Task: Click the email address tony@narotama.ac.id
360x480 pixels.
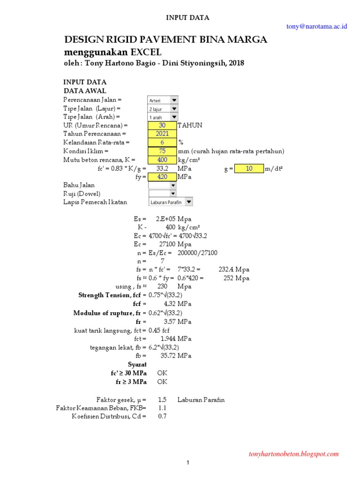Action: click(316, 27)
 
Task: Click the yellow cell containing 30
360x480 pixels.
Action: click(162, 126)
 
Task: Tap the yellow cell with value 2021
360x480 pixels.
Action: click(162, 134)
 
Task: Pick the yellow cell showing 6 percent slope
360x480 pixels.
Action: click(162, 142)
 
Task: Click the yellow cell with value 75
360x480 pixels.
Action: click(162, 151)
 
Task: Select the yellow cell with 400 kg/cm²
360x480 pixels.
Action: click(162, 159)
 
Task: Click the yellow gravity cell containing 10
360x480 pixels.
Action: click(249, 168)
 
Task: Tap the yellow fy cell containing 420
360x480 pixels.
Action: click(162, 177)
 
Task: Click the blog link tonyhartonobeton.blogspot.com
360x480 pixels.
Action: click(294, 454)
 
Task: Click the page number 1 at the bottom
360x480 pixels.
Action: click(187, 464)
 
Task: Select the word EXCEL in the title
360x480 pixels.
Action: click(146, 52)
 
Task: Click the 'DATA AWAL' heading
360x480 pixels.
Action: click(85, 90)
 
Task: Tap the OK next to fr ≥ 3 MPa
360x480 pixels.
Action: click(162, 382)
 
